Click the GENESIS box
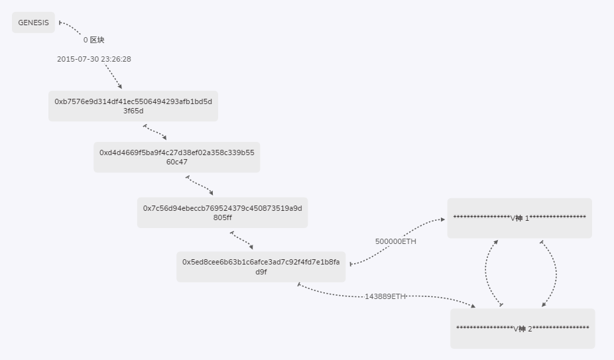click(33, 23)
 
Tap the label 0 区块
click(93, 40)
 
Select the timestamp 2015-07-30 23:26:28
click(94, 59)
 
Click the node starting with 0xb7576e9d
click(133, 106)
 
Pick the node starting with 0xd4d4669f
click(176, 157)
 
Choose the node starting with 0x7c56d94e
click(222, 213)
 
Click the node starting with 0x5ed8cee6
click(261, 267)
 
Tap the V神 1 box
click(520, 218)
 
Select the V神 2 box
click(522, 329)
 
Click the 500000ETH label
click(395, 242)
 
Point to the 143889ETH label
click(385, 296)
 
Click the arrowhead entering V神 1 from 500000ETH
click(443, 219)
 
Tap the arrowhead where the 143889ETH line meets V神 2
click(473, 306)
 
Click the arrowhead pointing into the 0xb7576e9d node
click(120, 87)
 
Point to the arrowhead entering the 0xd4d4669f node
click(164, 137)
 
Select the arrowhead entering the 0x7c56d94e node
click(211, 193)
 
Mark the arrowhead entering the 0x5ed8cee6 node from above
click(251, 247)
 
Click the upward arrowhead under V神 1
click(496, 242)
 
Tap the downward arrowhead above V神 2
click(544, 304)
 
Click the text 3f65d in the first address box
click(133, 111)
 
